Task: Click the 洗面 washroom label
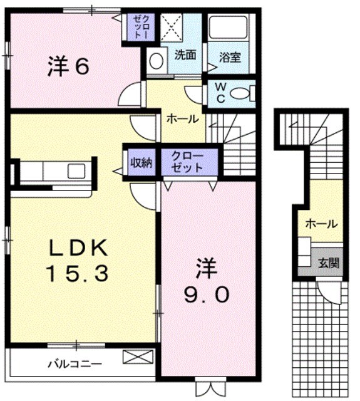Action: tap(185, 55)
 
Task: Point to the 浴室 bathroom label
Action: tap(230, 56)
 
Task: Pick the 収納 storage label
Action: tap(140, 163)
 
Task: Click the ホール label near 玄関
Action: tap(321, 224)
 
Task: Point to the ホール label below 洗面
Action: tap(182, 118)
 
